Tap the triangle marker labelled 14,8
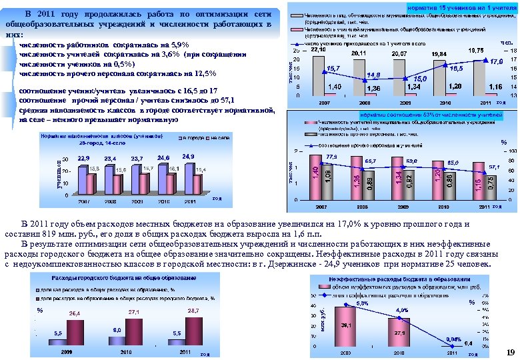[x=361, y=79]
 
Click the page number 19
[x=511, y=352]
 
